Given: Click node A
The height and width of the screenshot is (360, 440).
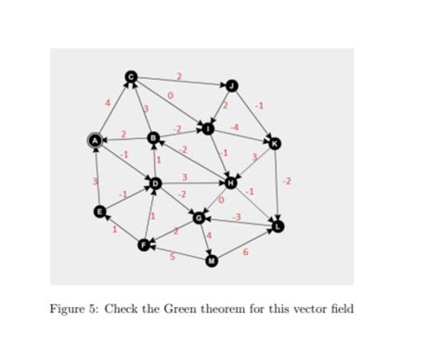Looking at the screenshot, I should click(94, 141).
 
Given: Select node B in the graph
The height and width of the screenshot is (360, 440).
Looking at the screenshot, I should click(155, 138).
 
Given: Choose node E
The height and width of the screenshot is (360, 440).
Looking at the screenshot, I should click(100, 212).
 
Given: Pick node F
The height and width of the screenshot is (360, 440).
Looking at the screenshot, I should click(143, 244).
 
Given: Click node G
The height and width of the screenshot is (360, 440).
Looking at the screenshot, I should click(199, 218).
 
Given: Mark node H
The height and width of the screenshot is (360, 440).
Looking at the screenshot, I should click(231, 183).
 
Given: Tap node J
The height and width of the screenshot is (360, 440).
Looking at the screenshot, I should click(233, 86).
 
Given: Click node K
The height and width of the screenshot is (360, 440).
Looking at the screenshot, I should click(274, 142).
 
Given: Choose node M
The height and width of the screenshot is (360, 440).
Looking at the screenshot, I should click(212, 261).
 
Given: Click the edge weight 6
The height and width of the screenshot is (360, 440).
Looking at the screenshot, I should click(245, 251).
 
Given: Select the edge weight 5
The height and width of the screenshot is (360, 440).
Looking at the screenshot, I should click(173, 256).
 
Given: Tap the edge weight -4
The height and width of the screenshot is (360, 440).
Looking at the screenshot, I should click(235, 124).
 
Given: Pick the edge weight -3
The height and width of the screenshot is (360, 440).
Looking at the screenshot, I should click(237, 215).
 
